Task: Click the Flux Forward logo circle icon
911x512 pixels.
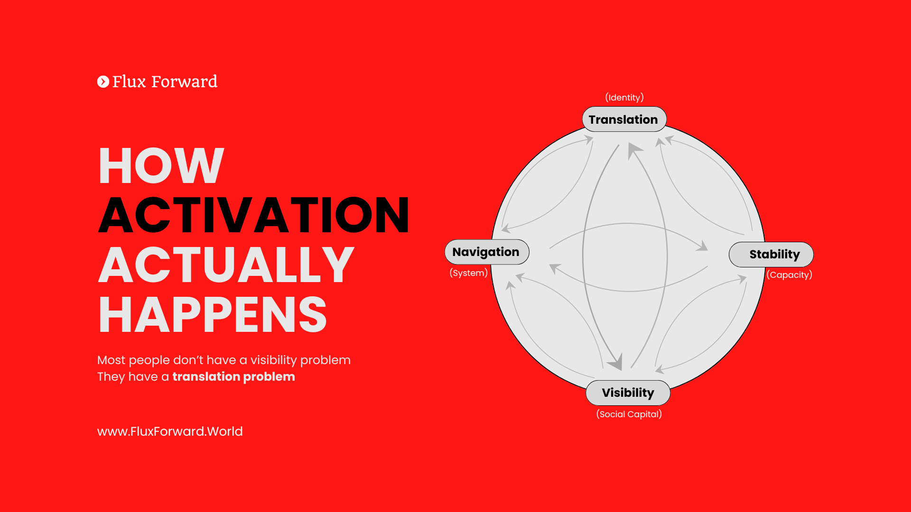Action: (x=103, y=82)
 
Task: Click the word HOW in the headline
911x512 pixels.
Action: (x=161, y=165)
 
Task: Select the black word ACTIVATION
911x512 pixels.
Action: (x=254, y=215)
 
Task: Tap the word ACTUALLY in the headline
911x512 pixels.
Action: (x=226, y=265)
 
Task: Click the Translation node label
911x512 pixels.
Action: (x=623, y=119)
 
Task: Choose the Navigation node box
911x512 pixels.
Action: (x=486, y=252)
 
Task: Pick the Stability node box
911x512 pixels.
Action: (x=771, y=255)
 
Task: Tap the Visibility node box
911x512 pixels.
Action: (x=628, y=393)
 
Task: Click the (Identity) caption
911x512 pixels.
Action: (x=624, y=98)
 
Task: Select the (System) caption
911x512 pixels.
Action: (x=469, y=273)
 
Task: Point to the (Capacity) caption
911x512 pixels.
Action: (x=790, y=275)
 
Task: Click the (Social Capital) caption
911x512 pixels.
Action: (x=629, y=414)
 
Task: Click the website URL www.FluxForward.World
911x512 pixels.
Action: (x=170, y=431)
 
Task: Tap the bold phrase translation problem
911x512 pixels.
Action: (x=233, y=377)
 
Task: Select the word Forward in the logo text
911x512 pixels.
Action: (x=184, y=82)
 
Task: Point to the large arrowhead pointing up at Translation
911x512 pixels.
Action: (x=633, y=150)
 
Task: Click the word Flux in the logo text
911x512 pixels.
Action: (x=129, y=82)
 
